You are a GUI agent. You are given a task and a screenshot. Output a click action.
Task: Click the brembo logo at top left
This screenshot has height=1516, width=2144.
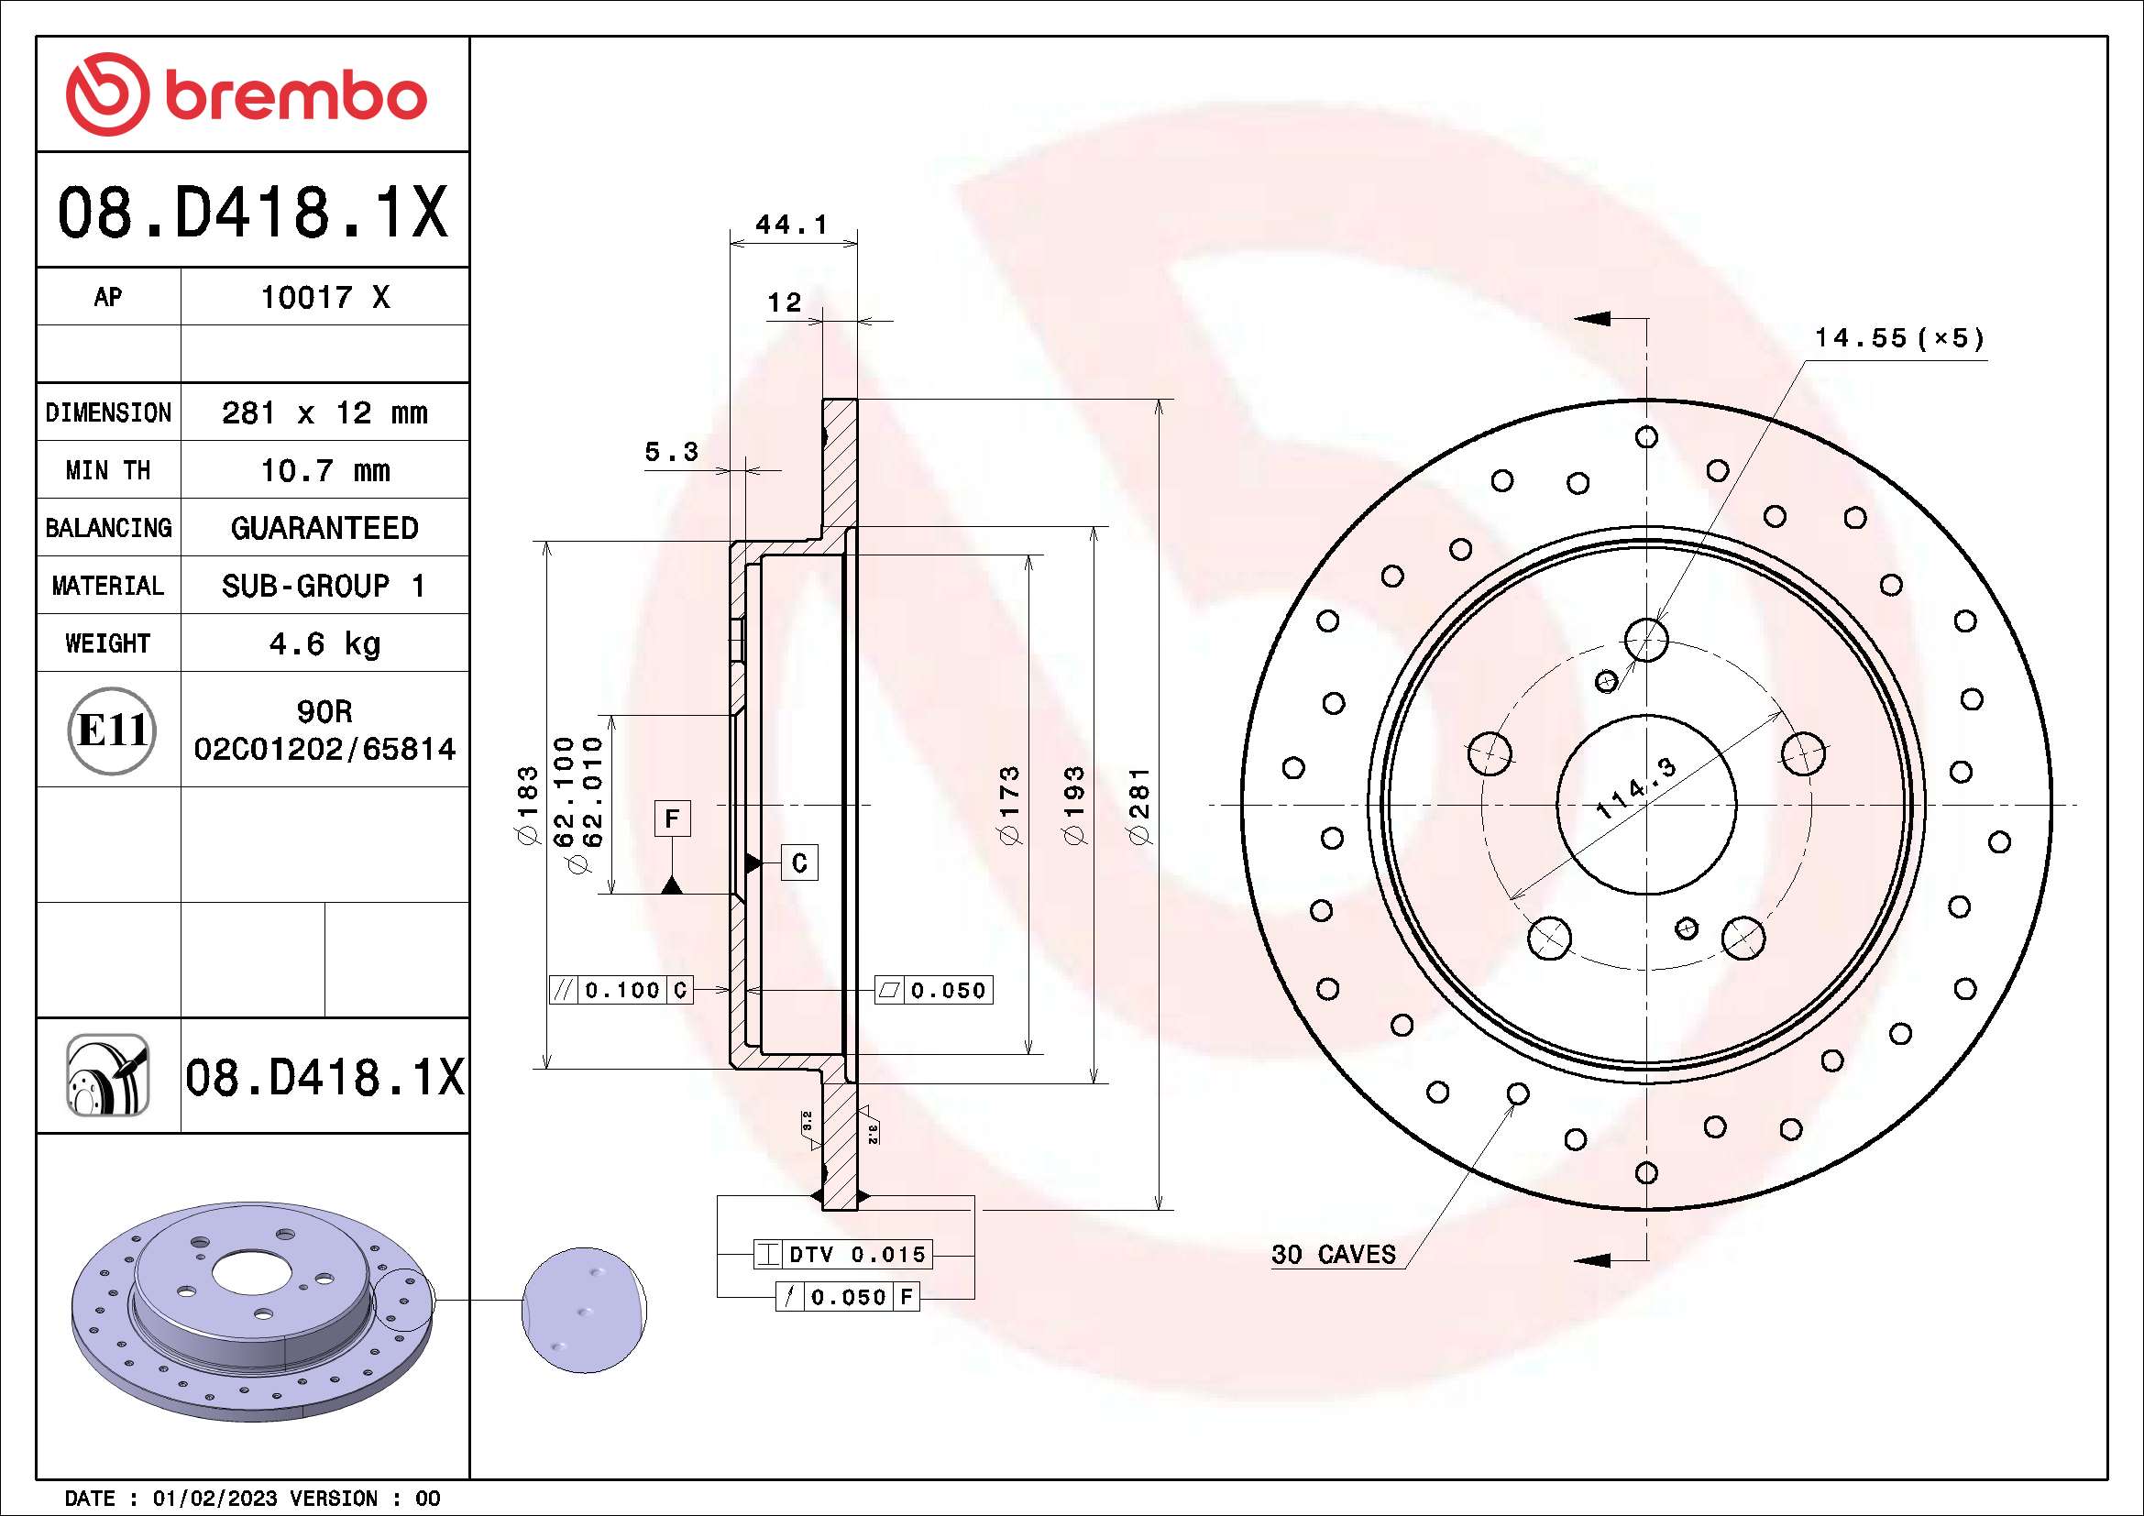click(x=247, y=94)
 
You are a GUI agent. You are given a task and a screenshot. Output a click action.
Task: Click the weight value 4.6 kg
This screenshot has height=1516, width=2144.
click(x=324, y=644)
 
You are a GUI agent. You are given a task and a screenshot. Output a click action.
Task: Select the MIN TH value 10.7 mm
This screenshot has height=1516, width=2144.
click(x=324, y=470)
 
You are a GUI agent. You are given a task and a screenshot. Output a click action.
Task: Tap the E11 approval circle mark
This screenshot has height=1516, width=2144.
click(x=112, y=731)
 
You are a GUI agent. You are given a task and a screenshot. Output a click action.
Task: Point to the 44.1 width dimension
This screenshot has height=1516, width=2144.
click(x=791, y=225)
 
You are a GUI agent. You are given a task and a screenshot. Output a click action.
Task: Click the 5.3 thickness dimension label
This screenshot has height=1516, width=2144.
click(x=670, y=453)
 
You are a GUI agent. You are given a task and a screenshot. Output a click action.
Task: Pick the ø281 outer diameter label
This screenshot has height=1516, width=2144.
click(x=1139, y=806)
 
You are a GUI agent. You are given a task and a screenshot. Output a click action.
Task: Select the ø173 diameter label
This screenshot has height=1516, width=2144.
click(x=1009, y=806)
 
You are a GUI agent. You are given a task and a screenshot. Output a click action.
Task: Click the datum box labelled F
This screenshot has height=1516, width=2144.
click(x=672, y=819)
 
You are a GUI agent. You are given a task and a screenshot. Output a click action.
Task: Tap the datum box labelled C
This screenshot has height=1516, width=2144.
click(x=799, y=862)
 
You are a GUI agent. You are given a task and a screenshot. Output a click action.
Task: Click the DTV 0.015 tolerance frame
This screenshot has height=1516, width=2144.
click(x=843, y=1255)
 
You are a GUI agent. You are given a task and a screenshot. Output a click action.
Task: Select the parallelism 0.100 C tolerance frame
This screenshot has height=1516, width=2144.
click(x=621, y=991)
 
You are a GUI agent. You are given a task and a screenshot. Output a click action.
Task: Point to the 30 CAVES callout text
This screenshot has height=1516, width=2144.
click(x=1333, y=1255)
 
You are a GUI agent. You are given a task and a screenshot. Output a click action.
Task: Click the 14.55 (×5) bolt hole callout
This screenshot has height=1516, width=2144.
click(x=1897, y=338)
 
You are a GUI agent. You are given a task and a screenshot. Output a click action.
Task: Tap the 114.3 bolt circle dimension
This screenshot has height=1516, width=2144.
click(x=1636, y=789)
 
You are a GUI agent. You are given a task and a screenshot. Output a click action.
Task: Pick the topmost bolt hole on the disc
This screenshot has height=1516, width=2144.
click(x=1646, y=641)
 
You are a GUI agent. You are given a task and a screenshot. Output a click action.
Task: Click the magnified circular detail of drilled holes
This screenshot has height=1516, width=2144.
click(x=584, y=1310)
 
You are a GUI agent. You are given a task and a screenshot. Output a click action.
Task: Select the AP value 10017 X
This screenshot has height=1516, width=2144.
click(x=324, y=298)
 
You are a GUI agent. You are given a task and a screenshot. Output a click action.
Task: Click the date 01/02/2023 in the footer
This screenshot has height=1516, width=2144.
click(x=214, y=1499)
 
